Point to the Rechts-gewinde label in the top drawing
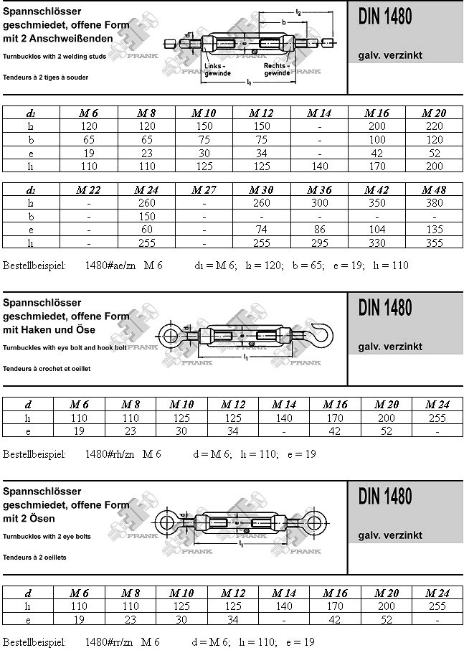[x=277, y=70]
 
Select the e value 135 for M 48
[x=434, y=230]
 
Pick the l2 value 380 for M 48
[x=434, y=203]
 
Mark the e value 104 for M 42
[x=376, y=230]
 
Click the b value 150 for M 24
[x=146, y=217]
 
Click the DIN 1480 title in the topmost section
[x=385, y=17]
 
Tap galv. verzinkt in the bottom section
[x=390, y=535]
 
